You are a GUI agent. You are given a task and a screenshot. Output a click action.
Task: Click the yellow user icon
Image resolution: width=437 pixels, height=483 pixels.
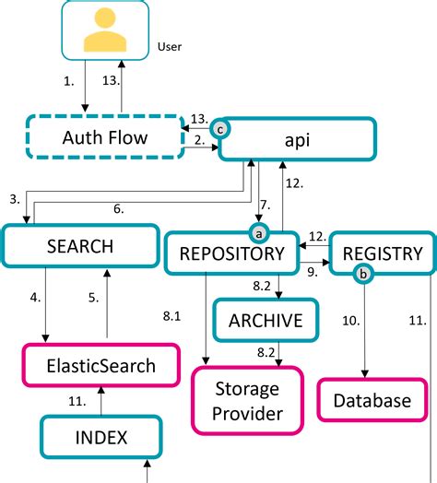pos(104,30)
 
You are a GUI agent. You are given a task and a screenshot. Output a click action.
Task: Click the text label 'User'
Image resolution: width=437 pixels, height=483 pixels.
pos(171,44)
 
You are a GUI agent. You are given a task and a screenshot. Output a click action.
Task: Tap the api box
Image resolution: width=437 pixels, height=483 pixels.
pos(299,139)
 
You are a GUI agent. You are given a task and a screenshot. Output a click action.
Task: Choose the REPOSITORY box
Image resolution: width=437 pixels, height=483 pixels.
pos(231,253)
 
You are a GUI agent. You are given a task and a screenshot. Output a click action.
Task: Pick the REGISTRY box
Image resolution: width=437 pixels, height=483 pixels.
pos(382,253)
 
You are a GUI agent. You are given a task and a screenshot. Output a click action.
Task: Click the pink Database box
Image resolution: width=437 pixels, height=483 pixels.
pos(372,401)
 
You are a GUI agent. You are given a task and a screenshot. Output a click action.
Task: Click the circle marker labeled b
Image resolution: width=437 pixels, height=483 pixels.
pos(364,273)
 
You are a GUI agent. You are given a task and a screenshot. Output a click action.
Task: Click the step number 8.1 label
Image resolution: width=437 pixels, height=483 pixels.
pos(172,316)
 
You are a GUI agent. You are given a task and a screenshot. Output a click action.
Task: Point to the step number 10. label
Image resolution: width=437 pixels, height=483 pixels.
pos(350,320)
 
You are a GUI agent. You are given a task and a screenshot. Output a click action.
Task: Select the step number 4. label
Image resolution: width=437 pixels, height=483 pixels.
pos(35,298)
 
